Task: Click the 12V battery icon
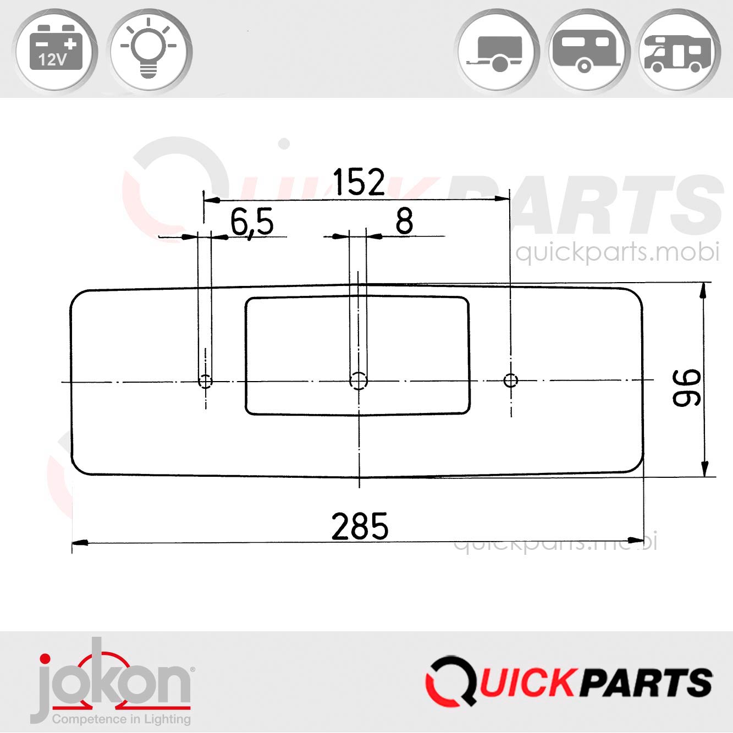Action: [56, 52]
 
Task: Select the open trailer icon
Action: [497, 52]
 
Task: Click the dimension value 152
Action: [359, 183]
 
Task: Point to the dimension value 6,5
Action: [251, 223]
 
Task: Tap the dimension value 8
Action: [404, 222]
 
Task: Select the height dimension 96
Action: [687, 387]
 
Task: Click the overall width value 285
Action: [360, 526]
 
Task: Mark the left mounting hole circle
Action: [206, 381]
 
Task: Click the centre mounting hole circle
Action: [359, 380]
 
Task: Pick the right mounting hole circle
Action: [511, 380]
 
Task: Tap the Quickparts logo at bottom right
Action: [569, 682]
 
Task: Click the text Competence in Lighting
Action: [121, 719]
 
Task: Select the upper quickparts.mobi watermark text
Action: [617, 252]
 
